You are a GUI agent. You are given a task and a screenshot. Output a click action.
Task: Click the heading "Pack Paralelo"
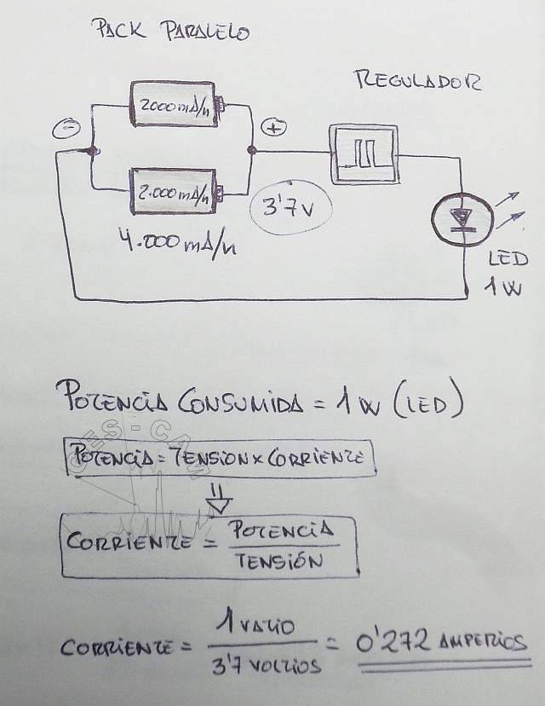[x=170, y=32]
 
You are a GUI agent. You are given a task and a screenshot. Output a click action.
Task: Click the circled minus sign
[x=66, y=130]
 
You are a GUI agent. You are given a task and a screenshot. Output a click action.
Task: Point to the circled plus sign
[x=273, y=128]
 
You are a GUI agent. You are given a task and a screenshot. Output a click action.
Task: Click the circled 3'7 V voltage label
[x=290, y=207]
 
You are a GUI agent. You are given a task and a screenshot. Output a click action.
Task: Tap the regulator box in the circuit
[x=364, y=154]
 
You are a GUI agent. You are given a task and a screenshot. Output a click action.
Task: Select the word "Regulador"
[x=416, y=81]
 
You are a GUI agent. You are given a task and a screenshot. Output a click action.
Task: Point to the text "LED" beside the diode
[x=508, y=258]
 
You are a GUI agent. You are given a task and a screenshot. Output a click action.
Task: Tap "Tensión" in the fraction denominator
[x=280, y=561]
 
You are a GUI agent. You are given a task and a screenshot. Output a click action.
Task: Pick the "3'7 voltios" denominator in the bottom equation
[x=267, y=665]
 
